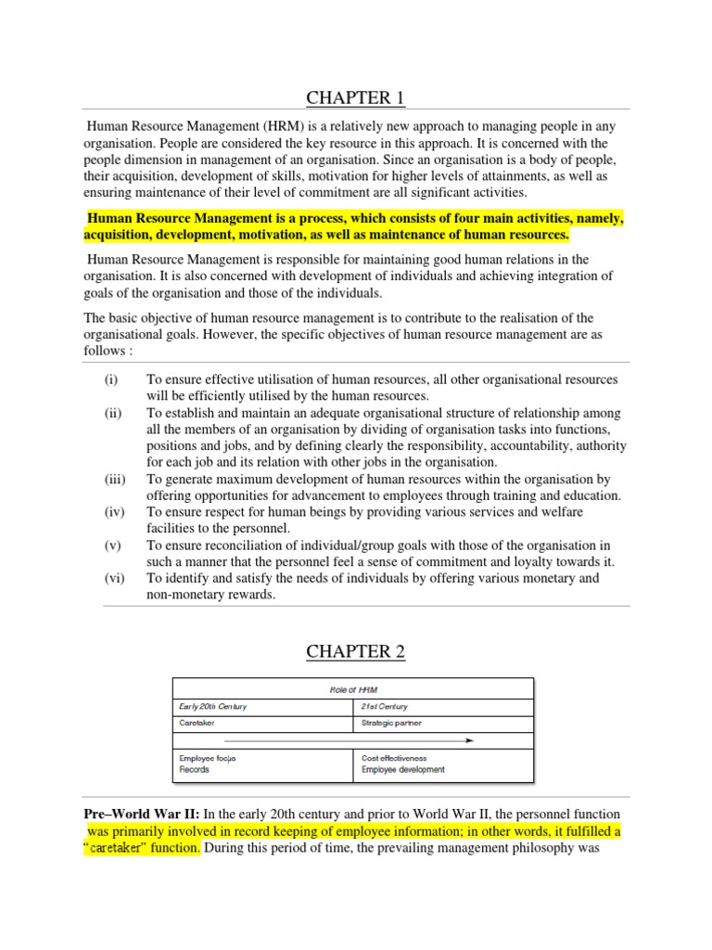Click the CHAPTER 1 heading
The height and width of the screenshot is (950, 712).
356,97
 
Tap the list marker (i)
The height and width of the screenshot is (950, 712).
111,379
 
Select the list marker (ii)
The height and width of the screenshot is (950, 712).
112,413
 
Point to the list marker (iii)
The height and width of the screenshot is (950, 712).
114,480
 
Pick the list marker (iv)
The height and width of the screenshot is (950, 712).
113,511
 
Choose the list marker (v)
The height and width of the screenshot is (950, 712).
111,545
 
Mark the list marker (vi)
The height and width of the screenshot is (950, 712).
113,578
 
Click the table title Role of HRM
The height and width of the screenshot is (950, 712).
353,689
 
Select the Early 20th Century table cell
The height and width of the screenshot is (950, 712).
213,706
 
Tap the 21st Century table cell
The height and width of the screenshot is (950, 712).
384,706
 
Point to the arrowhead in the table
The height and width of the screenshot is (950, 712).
470,740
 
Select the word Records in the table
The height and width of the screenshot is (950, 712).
194,769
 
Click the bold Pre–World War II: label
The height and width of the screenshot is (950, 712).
139,814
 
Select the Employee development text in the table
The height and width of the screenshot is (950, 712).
403,769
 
